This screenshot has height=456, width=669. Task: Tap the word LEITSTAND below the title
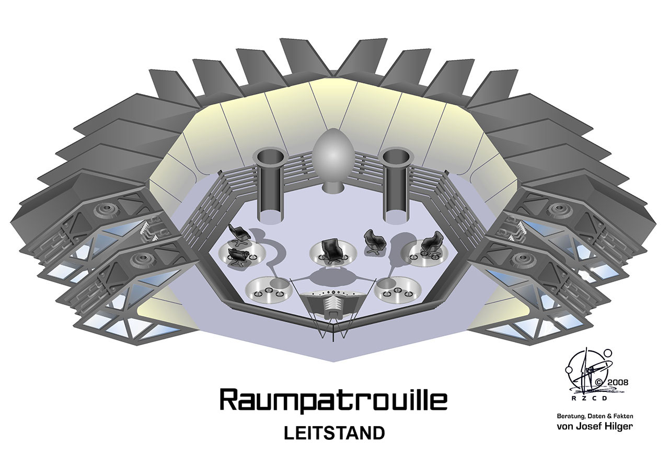point(334,433)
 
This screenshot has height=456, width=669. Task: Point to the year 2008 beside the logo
point(617,381)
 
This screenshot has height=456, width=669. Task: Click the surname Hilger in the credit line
point(617,426)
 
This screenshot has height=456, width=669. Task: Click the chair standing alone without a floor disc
point(375,241)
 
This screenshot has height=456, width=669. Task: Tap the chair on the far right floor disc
point(432,243)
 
